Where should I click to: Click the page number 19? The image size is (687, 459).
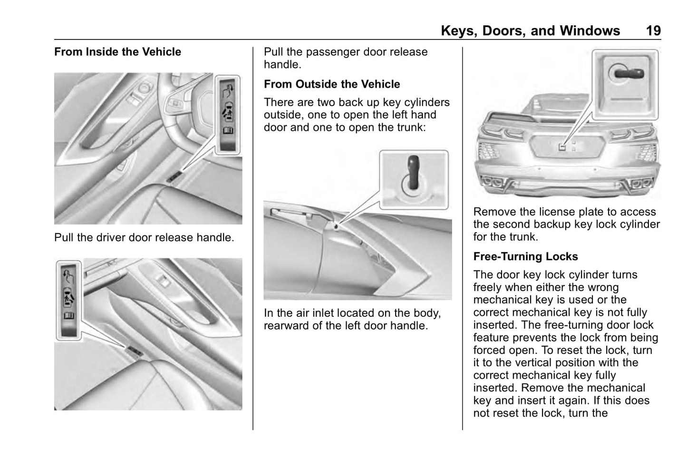click(653, 31)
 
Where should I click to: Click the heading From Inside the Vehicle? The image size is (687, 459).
click(117, 52)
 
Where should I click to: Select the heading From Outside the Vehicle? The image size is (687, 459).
click(332, 84)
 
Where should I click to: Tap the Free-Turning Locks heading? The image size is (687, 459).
click(525, 256)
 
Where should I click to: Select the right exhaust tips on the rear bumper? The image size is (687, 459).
click(640, 184)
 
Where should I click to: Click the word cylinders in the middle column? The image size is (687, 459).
click(427, 102)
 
